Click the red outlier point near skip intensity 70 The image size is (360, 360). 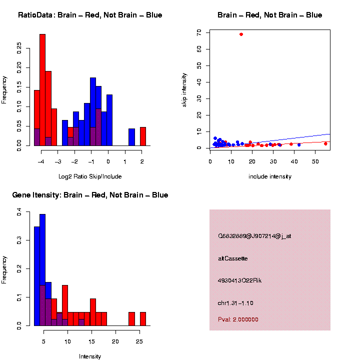(241, 34)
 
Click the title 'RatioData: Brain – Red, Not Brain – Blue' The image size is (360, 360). (90, 15)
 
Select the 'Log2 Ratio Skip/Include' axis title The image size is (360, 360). (90, 176)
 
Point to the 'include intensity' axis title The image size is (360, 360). (269, 176)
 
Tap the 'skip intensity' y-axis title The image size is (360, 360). (184, 88)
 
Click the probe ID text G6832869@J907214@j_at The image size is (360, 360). (254, 236)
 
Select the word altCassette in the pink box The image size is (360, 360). (232, 258)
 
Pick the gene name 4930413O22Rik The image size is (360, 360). (239, 280)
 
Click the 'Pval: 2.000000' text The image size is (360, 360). (238, 319)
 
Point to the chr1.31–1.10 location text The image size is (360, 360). (235, 303)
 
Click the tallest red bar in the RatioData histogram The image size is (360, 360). (42, 90)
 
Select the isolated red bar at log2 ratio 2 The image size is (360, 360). (142, 136)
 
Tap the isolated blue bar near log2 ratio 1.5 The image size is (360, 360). (131, 137)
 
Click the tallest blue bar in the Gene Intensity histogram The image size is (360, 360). (42, 270)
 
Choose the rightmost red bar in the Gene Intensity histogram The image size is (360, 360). (142, 319)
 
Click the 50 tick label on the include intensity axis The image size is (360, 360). (315, 161)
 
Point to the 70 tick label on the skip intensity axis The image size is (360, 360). (199, 32)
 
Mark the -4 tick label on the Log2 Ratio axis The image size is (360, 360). (41, 161)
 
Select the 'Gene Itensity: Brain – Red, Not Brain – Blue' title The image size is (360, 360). (90, 195)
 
